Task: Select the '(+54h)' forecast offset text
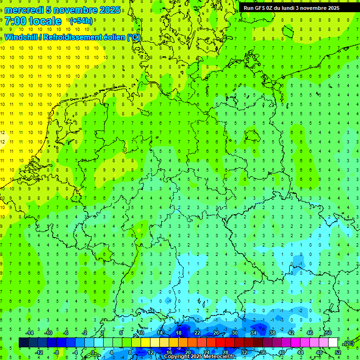81,21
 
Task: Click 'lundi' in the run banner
290,8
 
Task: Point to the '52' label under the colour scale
338,352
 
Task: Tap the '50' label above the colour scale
329,332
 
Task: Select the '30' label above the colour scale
235,332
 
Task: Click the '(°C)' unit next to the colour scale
348,343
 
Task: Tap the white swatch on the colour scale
333,343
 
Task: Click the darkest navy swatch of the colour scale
24,343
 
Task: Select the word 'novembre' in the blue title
75,10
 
